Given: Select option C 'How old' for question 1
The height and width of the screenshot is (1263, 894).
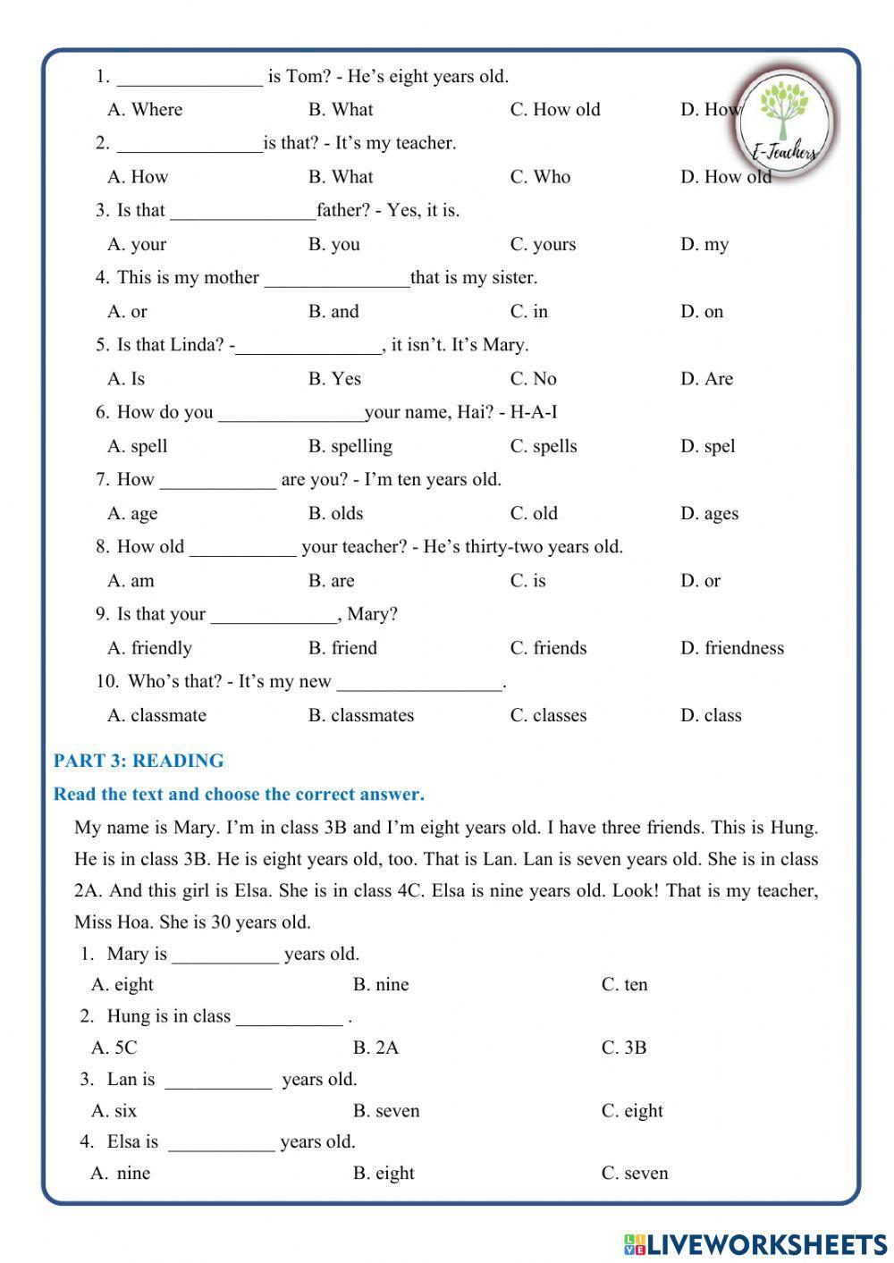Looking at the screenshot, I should point(555,110).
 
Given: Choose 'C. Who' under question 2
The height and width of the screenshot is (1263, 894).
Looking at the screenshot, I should point(540,177).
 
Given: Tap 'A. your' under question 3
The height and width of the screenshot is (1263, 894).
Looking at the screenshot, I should point(137,244).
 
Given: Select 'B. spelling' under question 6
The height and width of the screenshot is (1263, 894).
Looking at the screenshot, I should point(350,446).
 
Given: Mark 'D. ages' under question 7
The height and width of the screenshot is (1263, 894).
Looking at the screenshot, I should point(709,514).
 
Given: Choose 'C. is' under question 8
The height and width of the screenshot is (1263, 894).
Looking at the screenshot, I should point(527,581).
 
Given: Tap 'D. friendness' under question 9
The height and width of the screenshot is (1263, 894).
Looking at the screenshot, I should point(731,648).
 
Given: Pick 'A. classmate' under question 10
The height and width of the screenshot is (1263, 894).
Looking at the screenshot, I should point(156,715).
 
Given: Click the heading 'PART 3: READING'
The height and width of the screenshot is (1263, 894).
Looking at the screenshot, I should point(139,762).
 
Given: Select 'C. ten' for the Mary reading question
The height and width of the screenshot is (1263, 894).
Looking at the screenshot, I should point(624,985).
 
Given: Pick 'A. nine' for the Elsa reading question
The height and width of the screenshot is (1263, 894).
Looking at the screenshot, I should point(121,1174).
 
